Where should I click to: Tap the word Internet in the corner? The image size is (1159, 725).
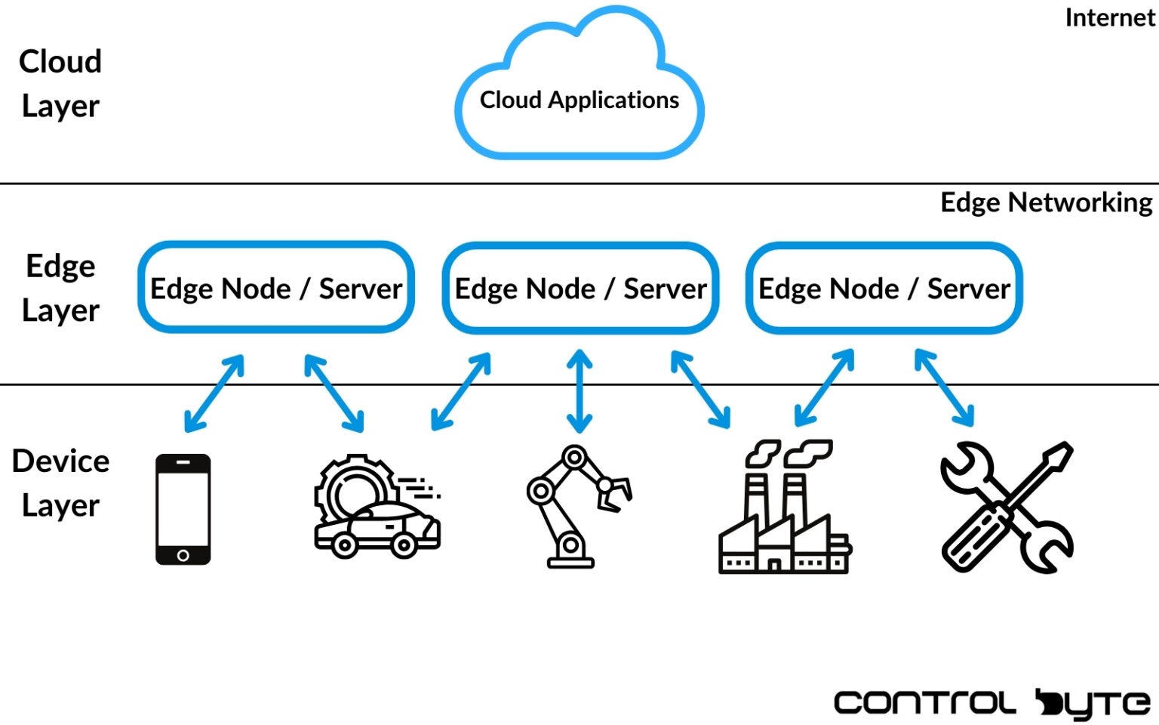pyautogui.click(x=1109, y=17)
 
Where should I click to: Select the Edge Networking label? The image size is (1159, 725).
pyautogui.click(x=1046, y=202)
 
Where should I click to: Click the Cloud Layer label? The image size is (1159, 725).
pyautogui.click(x=60, y=83)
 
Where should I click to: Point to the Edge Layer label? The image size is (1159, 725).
pyautogui.click(x=60, y=288)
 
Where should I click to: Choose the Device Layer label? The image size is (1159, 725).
pyautogui.click(x=60, y=483)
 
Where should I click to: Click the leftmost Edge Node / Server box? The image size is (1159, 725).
pyautogui.click(x=276, y=288)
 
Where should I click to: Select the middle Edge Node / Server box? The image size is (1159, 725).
pyautogui.click(x=580, y=288)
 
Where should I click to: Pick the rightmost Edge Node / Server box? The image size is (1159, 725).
pyautogui.click(x=884, y=288)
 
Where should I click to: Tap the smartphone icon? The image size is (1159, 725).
pyautogui.click(x=183, y=508)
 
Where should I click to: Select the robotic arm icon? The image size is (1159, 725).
pyautogui.click(x=573, y=506)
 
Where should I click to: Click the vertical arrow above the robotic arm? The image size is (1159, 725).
pyautogui.click(x=579, y=390)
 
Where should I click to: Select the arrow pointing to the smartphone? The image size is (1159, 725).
pyautogui.click(x=215, y=393)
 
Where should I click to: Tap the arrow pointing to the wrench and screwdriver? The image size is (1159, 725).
pyautogui.click(x=944, y=387)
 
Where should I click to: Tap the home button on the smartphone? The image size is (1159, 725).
pyautogui.click(x=183, y=556)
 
